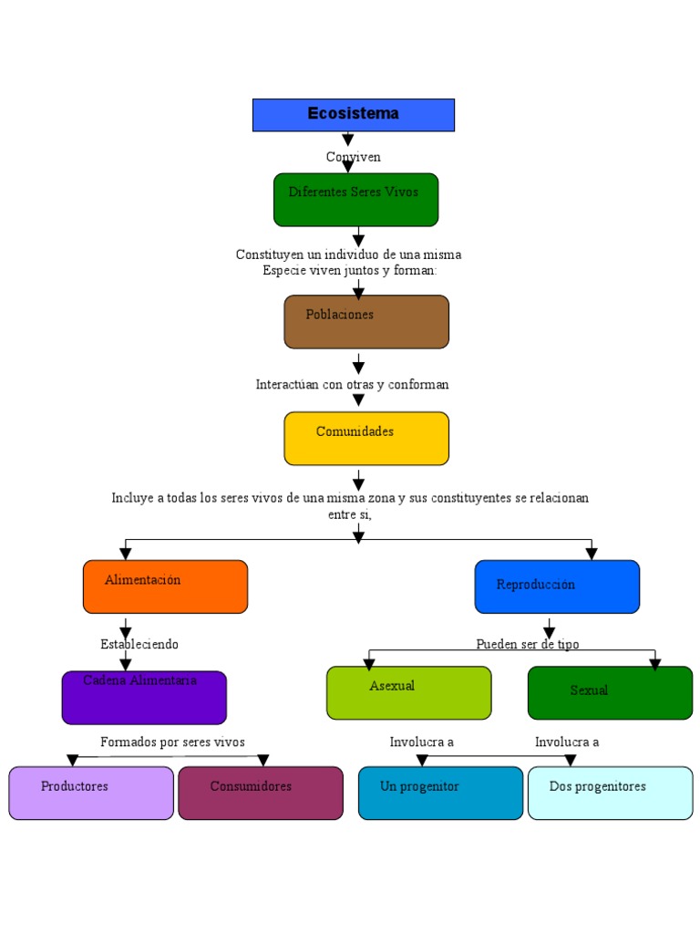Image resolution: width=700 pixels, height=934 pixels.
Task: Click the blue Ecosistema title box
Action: point(353,115)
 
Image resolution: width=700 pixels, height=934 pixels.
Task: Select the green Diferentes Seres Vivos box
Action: point(355,199)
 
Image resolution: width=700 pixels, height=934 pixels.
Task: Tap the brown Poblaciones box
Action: point(366,321)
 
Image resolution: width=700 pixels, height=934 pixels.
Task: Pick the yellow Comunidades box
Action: point(366,438)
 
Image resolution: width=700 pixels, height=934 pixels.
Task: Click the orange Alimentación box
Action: point(165,586)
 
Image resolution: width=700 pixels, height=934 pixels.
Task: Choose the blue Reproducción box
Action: point(557,586)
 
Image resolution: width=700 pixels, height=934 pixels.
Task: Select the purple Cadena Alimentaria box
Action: point(144,698)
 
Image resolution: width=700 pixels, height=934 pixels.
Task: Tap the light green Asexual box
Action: point(408,693)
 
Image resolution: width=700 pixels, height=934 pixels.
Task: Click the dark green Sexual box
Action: point(610,693)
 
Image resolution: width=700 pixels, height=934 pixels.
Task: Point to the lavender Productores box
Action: point(91,793)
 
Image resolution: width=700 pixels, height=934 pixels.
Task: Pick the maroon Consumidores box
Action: point(261,793)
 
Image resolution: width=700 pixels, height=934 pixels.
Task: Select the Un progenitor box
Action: point(440,793)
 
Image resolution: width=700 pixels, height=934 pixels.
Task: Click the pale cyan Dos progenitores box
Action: point(610,793)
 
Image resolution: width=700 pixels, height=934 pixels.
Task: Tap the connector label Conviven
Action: point(354,157)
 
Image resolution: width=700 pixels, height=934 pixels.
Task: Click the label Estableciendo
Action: point(139,644)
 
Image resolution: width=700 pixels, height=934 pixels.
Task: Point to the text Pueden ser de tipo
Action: point(527,644)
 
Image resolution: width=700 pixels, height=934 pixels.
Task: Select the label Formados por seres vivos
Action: point(172,742)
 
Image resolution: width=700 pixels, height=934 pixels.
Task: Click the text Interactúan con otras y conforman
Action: point(352,384)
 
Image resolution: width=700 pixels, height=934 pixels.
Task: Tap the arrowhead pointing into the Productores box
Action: point(73,761)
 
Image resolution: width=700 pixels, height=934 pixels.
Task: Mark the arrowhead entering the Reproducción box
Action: point(592,554)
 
